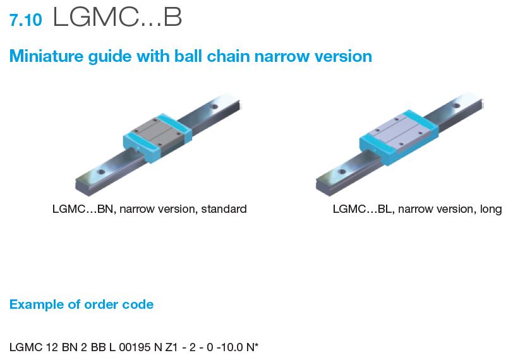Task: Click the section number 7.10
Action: (26, 20)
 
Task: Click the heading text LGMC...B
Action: (118, 18)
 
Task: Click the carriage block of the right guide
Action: (397, 135)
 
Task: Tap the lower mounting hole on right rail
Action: (341, 171)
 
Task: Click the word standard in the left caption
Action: (224, 209)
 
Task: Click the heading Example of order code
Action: (81, 304)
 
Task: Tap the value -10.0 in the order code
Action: (232, 347)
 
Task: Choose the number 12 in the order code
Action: (44, 347)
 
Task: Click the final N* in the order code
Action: (255, 347)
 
